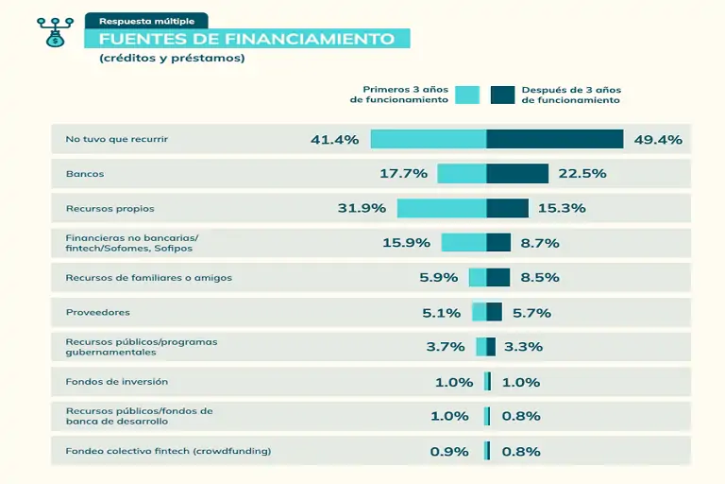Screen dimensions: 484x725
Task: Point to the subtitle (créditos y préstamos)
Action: (x=171, y=59)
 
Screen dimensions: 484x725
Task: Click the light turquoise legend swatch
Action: (x=467, y=95)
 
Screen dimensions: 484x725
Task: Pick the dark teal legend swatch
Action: (x=502, y=95)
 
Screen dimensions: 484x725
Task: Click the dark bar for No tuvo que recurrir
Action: (x=555, y=139)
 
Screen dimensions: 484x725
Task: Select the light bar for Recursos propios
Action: (x=442, y=208)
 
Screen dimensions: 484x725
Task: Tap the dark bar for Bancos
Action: (x=517, y=174)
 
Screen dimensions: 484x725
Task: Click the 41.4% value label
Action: (x=334, y=140)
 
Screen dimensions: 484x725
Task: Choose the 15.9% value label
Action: (x=406, y=243)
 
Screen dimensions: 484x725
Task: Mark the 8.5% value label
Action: (x=540, y=278)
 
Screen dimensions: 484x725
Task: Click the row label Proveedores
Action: (x=97, y=312)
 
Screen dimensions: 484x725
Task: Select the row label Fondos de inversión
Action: (x=116, y=381)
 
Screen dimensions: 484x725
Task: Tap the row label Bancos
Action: (x=85, y=174)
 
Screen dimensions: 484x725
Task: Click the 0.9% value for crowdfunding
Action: (x=449, y=451)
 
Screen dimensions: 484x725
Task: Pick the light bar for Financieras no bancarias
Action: (x=464, y=243)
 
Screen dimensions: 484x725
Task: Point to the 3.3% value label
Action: (x=523, y=347)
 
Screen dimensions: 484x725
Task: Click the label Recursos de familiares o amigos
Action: (x=148, y=278)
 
